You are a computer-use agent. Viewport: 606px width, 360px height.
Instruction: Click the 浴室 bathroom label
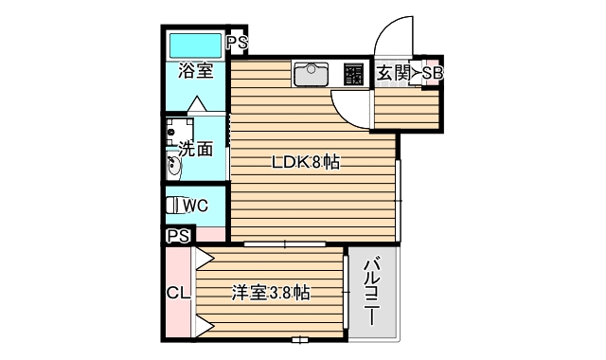194,71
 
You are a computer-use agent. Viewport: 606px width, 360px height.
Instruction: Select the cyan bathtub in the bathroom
194,45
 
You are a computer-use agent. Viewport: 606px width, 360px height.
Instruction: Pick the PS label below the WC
178,236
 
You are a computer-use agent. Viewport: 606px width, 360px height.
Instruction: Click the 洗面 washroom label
196,149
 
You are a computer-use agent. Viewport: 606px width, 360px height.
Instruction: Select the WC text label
196,205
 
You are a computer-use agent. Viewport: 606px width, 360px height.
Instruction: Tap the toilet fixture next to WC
172,205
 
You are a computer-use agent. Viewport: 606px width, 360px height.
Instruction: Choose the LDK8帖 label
305,162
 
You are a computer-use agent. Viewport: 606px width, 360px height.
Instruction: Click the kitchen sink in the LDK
311,73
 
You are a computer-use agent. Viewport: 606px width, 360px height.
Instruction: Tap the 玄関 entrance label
393,73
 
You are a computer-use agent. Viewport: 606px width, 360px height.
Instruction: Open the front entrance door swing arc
393,38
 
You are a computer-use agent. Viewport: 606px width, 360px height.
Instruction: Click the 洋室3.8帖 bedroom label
271,293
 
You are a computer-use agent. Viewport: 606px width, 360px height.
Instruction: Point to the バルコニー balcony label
372,292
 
